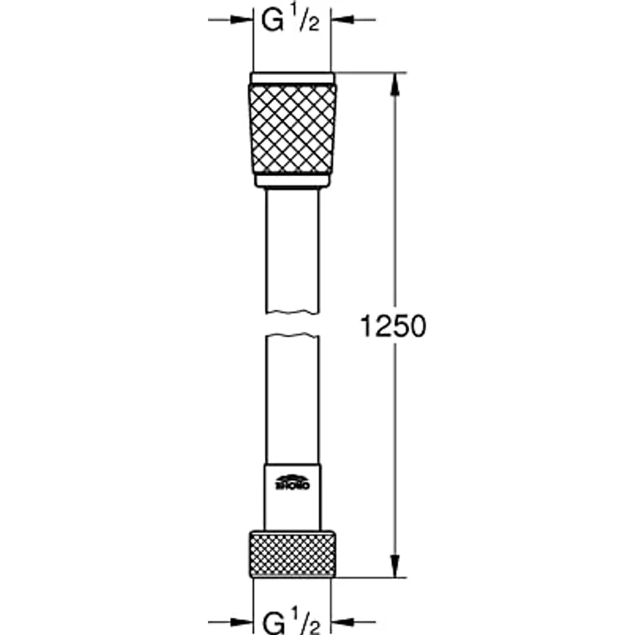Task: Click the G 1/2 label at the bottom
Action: (x=292, y=620)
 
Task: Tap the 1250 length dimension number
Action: (x=392, y=327)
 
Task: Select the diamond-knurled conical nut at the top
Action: (x=292, y=129)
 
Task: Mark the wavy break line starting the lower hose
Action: (x=292, y=335)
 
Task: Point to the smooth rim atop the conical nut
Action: (x=292, y=79)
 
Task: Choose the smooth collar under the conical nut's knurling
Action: (x=292, y=180)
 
